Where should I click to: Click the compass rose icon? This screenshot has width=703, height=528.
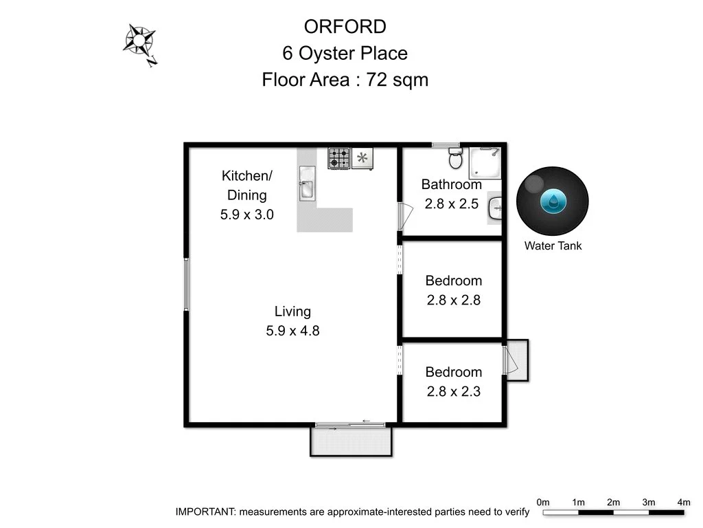click(139, 43)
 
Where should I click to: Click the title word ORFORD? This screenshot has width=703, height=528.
click(345, 27)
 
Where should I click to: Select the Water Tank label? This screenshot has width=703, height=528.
click(553, 245)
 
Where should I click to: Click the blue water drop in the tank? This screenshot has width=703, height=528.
click(553, 201)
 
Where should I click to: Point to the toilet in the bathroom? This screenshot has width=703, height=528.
click(454, 159)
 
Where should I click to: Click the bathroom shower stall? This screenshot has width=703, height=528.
click(485, 162)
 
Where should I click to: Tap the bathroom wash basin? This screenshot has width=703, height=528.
click(496, 207)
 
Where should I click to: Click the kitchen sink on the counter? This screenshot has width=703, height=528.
click(306, 186)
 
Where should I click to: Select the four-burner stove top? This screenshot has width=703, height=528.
click(338, 158)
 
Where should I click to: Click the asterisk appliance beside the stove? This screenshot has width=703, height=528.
click(362, 158)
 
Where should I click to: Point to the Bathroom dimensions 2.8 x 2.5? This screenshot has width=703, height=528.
click(452, 203)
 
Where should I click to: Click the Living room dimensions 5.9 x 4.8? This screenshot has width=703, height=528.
click(292, 331)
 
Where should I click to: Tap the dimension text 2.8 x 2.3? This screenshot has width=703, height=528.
click(453, 392)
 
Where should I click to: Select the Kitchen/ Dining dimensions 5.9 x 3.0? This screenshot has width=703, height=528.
click(246, 214)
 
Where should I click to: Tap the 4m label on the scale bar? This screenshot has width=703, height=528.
click(683, 502)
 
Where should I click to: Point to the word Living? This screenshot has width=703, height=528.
click(292, 311)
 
